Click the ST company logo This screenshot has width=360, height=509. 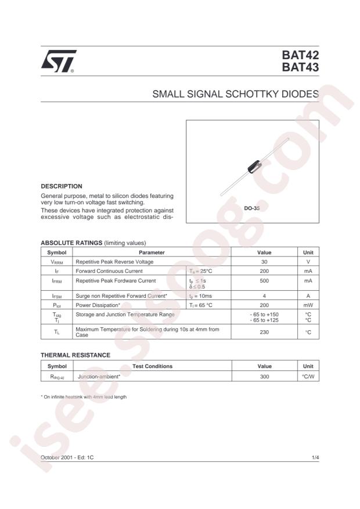[x=57, y=61]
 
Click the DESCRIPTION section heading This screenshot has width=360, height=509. [x=61, y=186]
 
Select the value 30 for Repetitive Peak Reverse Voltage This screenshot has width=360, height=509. [x=264, y=262]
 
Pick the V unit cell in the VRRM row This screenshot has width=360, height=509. [x=308, y=262]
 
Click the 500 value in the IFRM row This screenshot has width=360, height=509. [x=264, y=281]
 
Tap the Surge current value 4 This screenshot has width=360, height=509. [x=264, y=295]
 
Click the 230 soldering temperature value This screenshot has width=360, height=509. [x=264, y=332]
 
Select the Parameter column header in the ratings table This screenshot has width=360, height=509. [x=152, y=252]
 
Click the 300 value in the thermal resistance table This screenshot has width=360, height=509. [x=264, y=376]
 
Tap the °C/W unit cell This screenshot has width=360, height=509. [x=308, y=376]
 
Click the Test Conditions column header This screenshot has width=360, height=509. [x=152, y=366]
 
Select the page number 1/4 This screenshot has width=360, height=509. [x=315, y=458]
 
